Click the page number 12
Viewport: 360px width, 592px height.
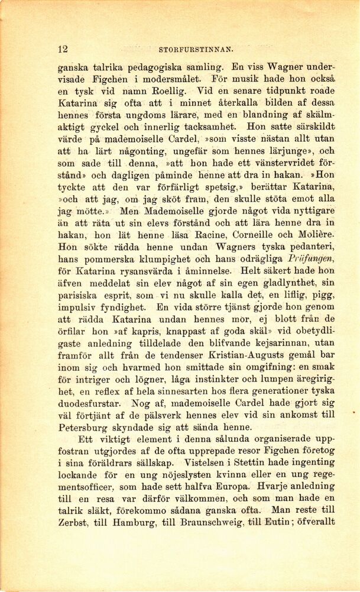(63, 49)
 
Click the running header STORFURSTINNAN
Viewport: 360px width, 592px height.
(196, 50)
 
